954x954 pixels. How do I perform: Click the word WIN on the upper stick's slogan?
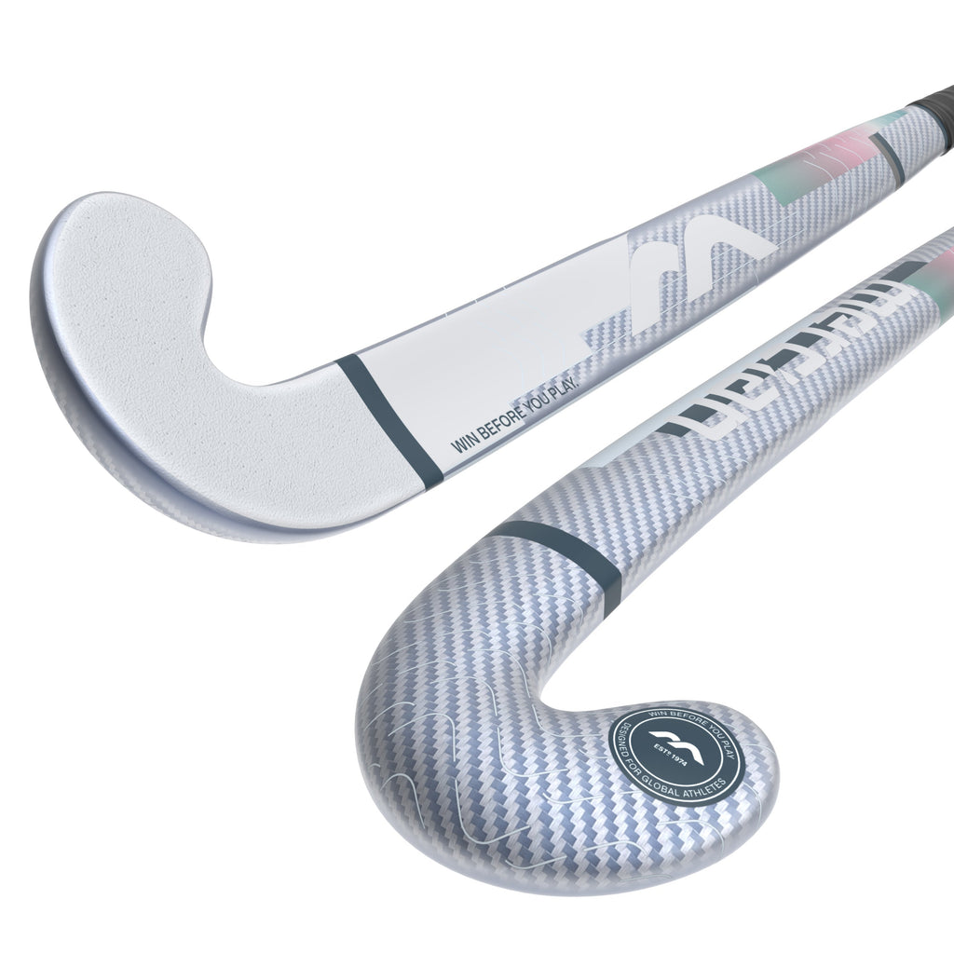[462, 442]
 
